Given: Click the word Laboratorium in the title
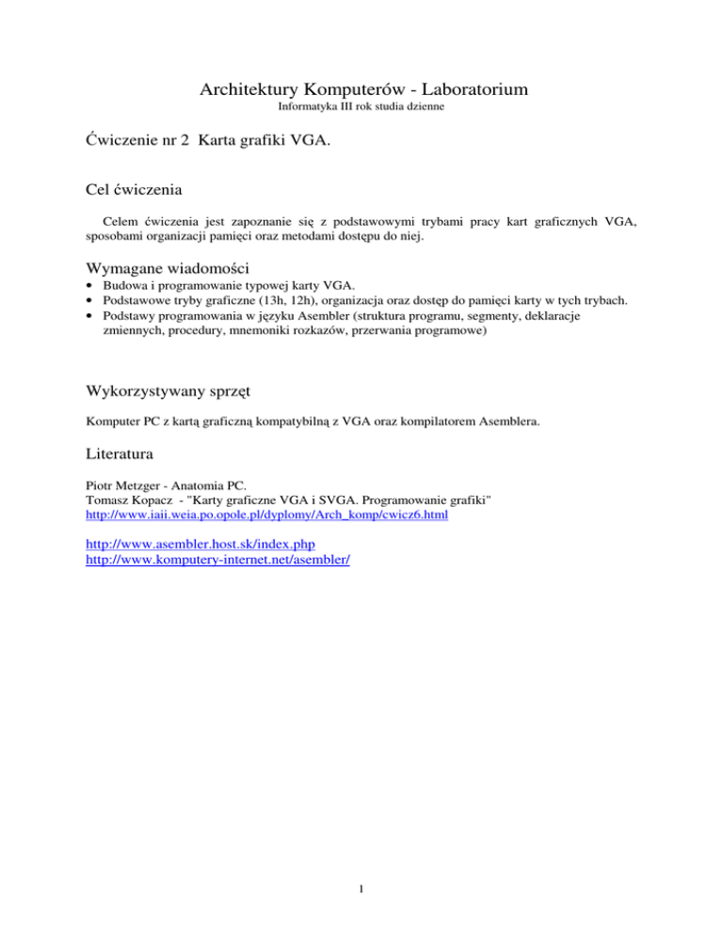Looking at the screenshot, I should (463, 90).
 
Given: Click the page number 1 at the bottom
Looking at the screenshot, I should (361, 885).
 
